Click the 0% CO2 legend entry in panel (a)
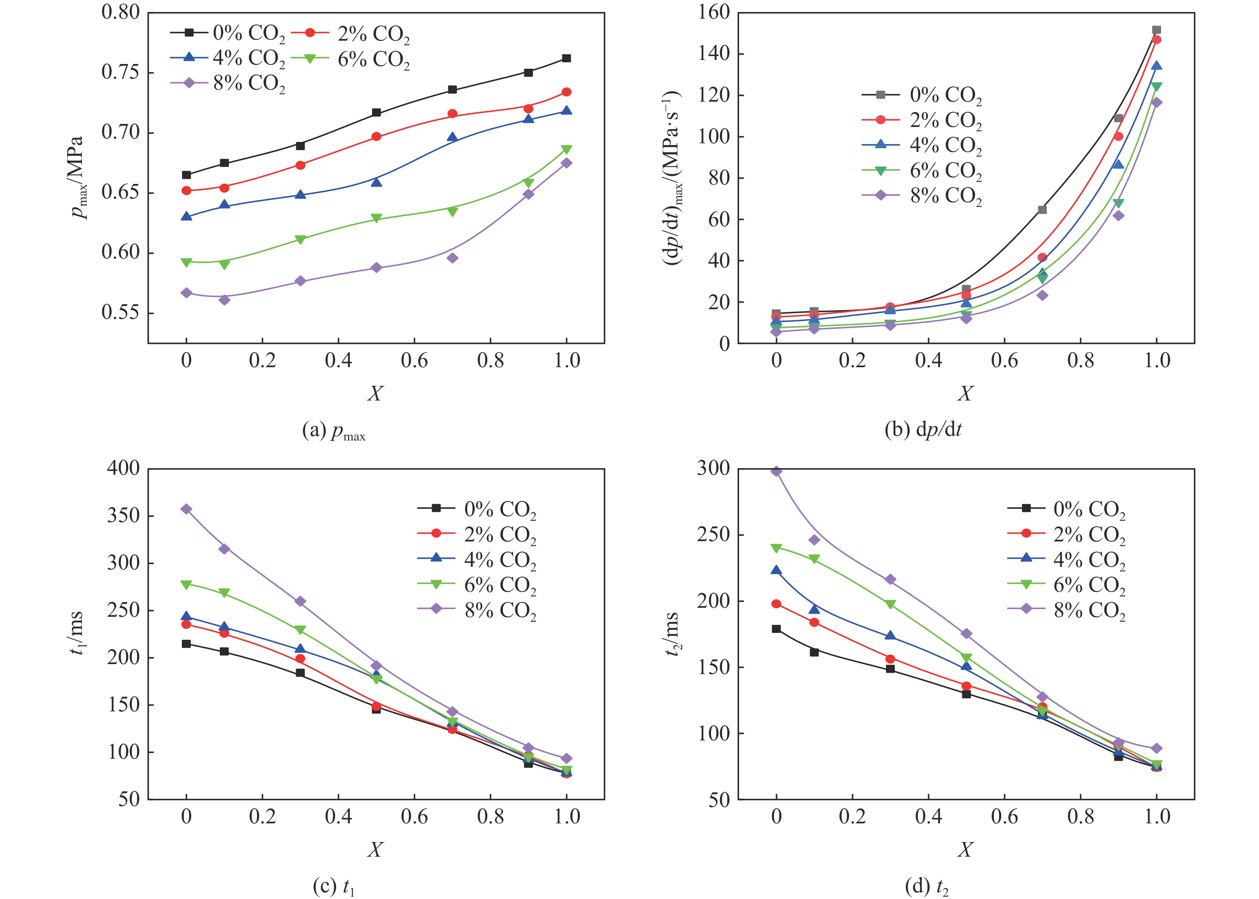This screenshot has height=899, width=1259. [227, 34]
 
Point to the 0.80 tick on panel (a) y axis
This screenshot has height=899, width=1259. [120, 12]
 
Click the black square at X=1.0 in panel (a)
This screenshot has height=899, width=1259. [566, 58]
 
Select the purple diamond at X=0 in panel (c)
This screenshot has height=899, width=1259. [187, 509]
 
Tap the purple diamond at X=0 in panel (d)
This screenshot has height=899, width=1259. [776, 471]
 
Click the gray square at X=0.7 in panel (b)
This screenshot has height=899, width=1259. [1042, 210]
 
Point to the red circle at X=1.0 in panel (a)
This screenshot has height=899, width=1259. [566, 92]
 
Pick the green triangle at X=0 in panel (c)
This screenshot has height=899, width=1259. [187, 584]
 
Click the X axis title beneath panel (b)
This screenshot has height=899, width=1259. [965, 394]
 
